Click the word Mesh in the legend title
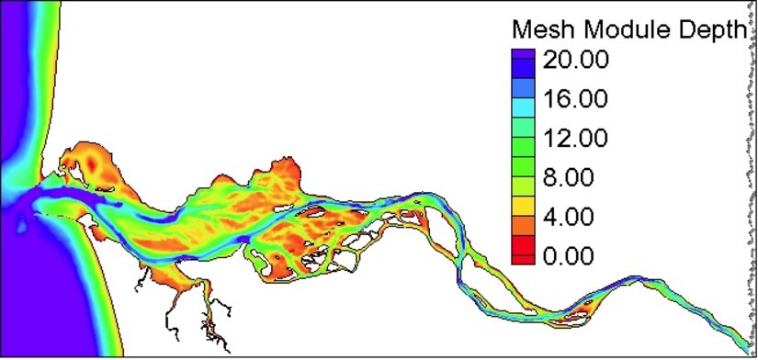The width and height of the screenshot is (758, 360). pyautogui.click(x=540, y=28)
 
